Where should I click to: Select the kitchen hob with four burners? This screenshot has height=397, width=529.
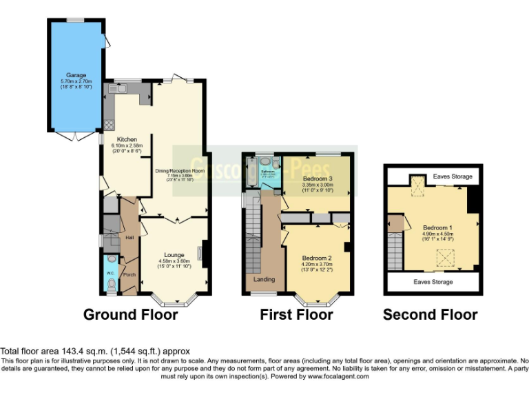[x=108, y=125]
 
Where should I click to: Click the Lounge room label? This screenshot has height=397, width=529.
[x=174, y=255]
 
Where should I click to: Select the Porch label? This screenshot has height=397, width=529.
[x=128, y=274]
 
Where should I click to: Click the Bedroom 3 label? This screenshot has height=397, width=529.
[x=317, y=179]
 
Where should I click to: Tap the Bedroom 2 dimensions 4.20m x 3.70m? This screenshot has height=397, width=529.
[x=317, y=265]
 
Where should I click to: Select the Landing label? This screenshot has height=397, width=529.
[x=264, y=279]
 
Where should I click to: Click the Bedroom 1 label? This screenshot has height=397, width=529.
[x=437, y=227]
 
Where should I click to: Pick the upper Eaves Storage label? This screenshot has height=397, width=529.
[x=453, y=177]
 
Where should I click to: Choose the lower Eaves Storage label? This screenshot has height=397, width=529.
[x=433, y=282]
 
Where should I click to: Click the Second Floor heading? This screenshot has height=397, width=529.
[x=430, y=315]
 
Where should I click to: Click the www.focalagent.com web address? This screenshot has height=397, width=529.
[x=338, y=376]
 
